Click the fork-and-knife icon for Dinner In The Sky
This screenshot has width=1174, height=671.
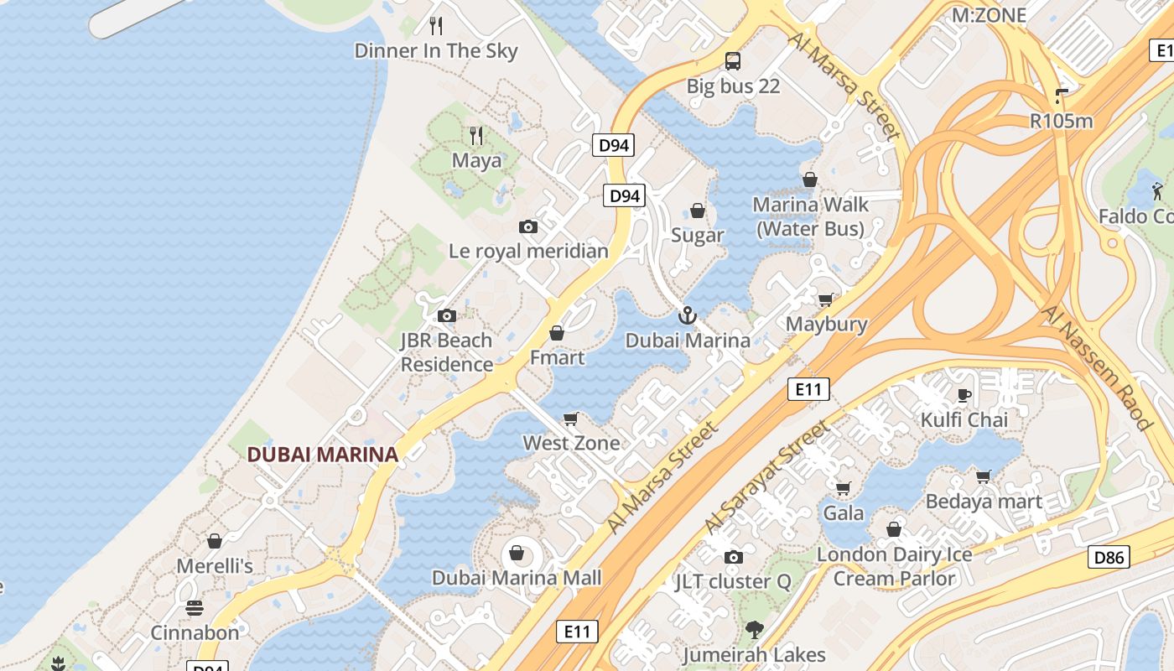pyautogui.click(x=436, y=26)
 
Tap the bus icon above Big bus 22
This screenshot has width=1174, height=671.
pyautogui.click(x=733, y=60)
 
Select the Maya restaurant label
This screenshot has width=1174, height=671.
pyautogui.click(x=476, y=160)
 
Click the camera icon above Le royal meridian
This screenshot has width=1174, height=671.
pyautogui.click(x=528, y=226)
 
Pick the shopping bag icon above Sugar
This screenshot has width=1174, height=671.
pyautogui.click(x=697, y=211)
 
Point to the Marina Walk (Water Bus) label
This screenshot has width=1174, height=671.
pyautogui.click(x=810, y=216)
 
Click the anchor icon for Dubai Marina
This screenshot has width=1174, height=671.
pyautogui.click(x=688, y=315)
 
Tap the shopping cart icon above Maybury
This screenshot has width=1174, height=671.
pyautogui.click(x=826, y=299)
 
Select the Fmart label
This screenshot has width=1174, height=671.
pyautogui.click(x=557, y=357)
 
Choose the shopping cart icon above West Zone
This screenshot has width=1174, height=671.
pyautogui.click(x=571, y=419)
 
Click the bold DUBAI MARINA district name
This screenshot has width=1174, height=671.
pyautogui.click(x=322, y=455)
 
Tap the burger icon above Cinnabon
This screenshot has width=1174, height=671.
pyautogui.click(x=195, y=608)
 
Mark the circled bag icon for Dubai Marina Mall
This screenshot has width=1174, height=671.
pyautogui.click(x=517, y=553)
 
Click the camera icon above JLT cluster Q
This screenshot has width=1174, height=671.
pyautogui.click(x=733, y=557)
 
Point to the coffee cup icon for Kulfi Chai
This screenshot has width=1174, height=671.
pyautogui.click(x=964, y=395)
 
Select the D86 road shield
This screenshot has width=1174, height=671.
pyautogui.click(x=1109, y=557)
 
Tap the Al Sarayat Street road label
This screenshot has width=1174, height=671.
pyautogui.click(x=767, y=477)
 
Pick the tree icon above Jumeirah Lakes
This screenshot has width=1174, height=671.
pyautogui.click(x=754, y=630)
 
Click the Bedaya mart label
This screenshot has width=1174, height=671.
pyautogui.click(x=984, y=502)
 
